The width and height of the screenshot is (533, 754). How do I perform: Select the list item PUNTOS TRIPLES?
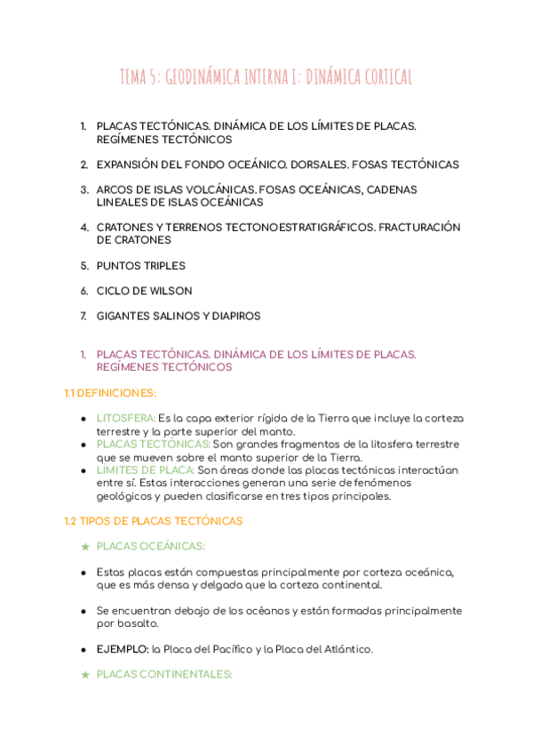click(140, 266)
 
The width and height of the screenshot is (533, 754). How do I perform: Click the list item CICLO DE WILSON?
click(144, 291)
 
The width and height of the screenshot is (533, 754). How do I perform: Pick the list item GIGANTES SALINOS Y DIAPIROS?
click(179, 316)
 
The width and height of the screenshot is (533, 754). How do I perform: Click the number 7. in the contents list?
click(84, 316)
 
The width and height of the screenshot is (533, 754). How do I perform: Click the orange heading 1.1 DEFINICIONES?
click(110, 392)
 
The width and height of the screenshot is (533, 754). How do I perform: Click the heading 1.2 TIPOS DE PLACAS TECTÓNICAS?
click(153, 521)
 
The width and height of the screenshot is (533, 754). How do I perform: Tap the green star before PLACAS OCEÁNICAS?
click(84, 547)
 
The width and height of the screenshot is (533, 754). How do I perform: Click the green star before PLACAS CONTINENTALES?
click(84, 675)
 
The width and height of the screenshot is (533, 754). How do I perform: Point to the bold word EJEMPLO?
click(123, 649)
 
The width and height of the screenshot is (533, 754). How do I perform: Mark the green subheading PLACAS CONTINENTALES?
click(164, 675)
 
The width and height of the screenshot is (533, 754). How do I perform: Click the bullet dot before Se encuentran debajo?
click(84, 611)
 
